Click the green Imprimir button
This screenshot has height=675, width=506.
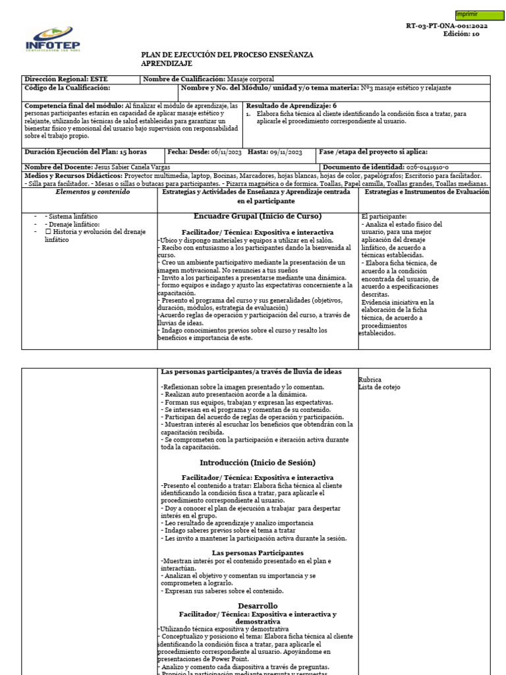[x=480, y=15]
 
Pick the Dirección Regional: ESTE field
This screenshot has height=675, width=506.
[x=66, y=79]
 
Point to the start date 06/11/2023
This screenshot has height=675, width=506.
[x=226, y=152]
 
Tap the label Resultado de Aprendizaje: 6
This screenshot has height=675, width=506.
[x=291, y=105]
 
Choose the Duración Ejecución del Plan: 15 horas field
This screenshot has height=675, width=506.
[x=86, y=152]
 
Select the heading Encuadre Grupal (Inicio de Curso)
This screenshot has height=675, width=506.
[x=258, y=216]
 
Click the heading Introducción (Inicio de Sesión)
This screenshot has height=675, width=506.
[x=258, y=462]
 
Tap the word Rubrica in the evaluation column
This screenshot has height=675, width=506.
[x=370, y=380]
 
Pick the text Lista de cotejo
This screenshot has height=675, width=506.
[x=379, y=387]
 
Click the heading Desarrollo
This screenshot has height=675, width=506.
[x=258, y=605]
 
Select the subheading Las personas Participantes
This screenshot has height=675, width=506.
[x=258, y=552]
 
